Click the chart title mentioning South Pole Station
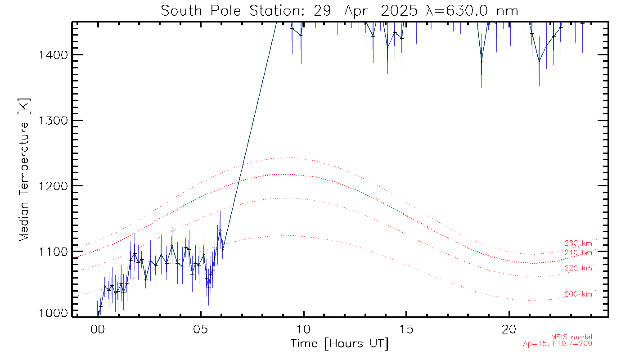tap(339, 10)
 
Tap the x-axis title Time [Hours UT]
tap(339, 344)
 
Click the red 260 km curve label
tap(578, 243)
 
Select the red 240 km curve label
tap(578, 253)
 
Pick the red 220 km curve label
tap(578, 269)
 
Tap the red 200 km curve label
tap(578, 294)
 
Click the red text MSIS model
tap(571, 337)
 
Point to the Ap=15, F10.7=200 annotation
tap(558, 344)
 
